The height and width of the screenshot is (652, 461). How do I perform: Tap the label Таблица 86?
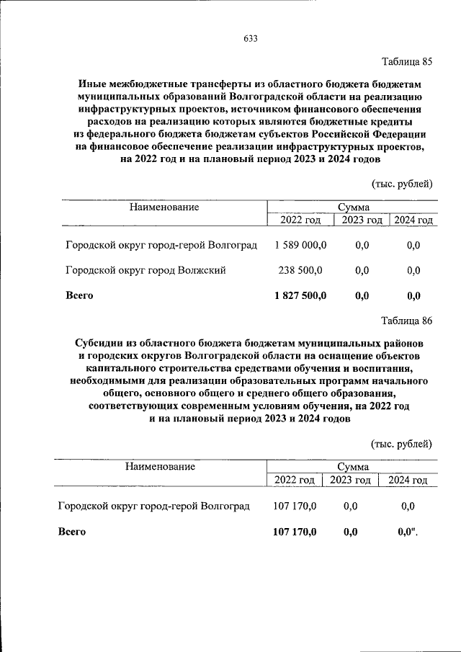pyautogui.click(x=406, y=321)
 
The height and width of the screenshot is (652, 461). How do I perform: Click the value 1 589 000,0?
pyautogui.click(x=300, y=246)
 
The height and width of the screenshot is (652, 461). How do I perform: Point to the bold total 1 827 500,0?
pyautogui.click(x=300, y=295)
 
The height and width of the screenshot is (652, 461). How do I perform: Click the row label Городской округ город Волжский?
pyautogui.click(x=146, y=270)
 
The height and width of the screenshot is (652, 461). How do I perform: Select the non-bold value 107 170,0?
pyautogui.click(x=295, y=506)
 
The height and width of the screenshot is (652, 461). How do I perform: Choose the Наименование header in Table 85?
pyautogui.click(x=164, y=207)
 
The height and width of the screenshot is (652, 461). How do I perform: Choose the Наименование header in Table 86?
pyautogui.click(x=160, y=466)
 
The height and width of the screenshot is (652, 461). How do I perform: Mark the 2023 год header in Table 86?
pyautogui.click(x=351, y=480)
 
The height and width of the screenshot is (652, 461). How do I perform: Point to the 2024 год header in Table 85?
pyautogui.click(x=413, y=220)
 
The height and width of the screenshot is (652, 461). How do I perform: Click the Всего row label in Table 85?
pyautogui.click(x=79, y=295)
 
